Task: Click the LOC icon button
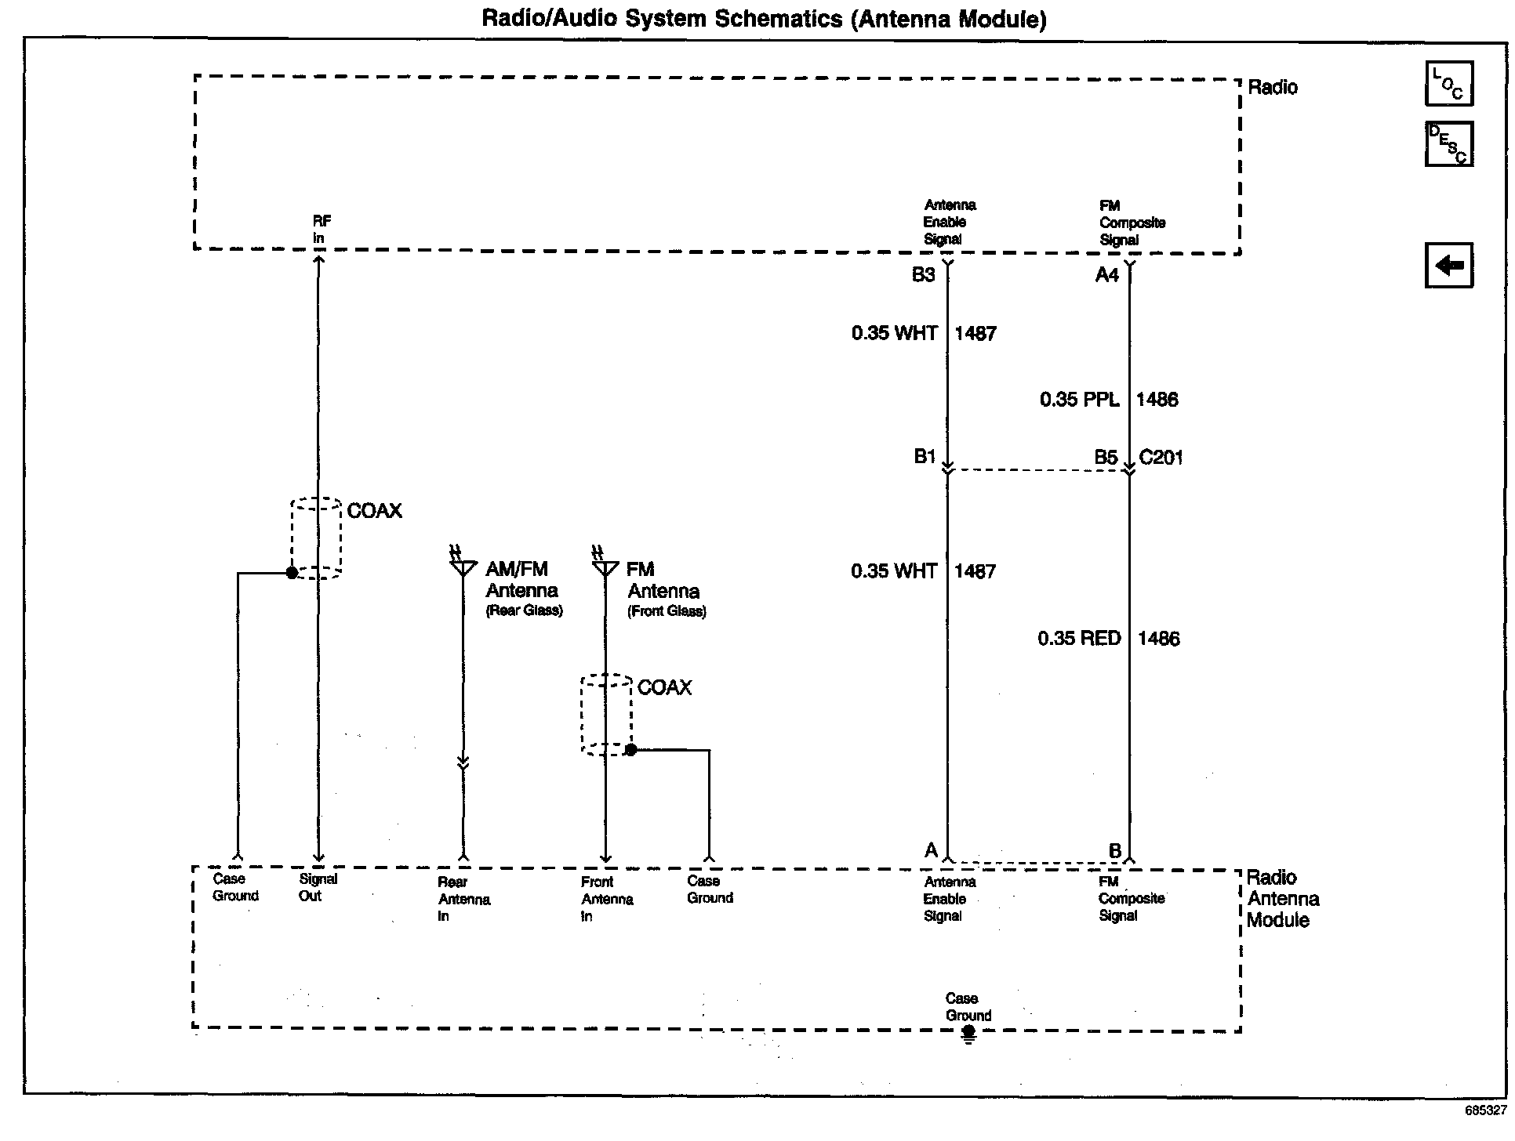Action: click(1448, 83)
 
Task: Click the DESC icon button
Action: click(1448, 143)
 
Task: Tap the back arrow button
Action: click(1448, 265)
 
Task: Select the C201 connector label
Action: click(1161, 458)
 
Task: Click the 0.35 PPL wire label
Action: click(1079, 400)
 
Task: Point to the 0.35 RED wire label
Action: click(1079, 639)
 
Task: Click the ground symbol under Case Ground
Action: click(969, 1035)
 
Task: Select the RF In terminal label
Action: click(321, 230)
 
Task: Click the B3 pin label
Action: click(923, 275)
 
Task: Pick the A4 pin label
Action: click(1106, 275)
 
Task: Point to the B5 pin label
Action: click(1106, 458)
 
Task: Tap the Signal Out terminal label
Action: click(317, 887)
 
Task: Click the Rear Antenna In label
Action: click(463, 899)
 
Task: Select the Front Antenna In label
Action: click(606, 899)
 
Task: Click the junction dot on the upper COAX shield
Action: click(292, 573)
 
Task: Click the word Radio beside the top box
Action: click(1272, 87)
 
